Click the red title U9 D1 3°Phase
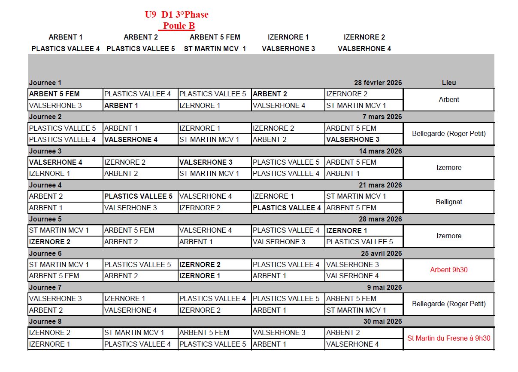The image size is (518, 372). pos(176,15)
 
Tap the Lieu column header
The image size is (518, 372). pos(449,83)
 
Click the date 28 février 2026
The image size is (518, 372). pos(378,83)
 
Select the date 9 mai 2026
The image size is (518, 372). pos(385,287)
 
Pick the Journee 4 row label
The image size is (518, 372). pos(45,185)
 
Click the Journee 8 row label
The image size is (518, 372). pos(45,321)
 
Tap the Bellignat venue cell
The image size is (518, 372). pos(449,202)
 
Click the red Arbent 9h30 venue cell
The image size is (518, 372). pos(449,270)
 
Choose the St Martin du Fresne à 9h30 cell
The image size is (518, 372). pos(449,338)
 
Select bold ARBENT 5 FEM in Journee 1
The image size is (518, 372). pos(54,94)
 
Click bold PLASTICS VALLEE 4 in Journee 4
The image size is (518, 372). pos(287,208)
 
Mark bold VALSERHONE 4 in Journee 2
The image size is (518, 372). pos(131,139)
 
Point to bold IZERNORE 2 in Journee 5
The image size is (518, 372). pos(50,242)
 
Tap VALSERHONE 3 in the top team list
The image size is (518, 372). pos(288,49)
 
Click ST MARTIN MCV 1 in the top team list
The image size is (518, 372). pos(215,49)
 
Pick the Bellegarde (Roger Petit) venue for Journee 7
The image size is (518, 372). pos(449,304)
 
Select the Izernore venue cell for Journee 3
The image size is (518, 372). pos(449,168)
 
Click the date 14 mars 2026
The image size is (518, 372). pos(380,151)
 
